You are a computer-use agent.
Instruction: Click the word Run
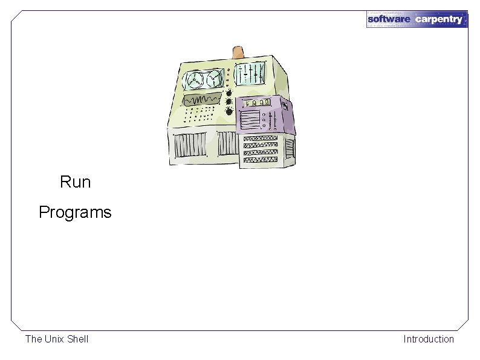coord(76,182)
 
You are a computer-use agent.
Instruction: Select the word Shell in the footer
coord(78,339)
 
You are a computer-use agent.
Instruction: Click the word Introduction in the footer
coord(429,339)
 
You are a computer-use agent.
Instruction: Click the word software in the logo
coord(389,19)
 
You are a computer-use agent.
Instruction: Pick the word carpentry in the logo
coord(439,19)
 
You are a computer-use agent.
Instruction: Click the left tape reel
coord(196,80)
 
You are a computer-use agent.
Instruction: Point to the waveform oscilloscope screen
coord(203,99)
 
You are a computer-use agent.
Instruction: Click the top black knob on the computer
coord(230,92)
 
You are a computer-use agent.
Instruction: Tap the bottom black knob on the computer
coord(230,111)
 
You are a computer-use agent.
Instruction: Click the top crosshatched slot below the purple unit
coord(261,139)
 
